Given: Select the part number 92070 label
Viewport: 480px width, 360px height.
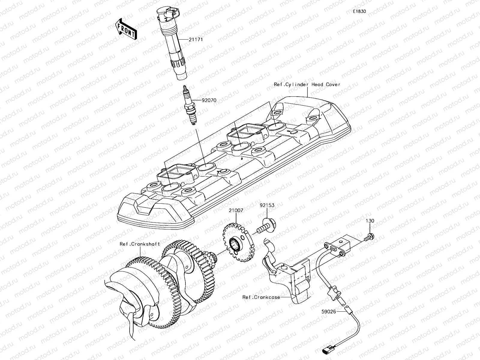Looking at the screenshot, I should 201,100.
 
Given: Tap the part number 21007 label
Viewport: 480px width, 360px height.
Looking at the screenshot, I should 236,211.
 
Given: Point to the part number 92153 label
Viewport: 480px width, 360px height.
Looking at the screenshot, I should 267,205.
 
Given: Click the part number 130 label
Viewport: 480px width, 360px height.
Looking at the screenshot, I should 370,221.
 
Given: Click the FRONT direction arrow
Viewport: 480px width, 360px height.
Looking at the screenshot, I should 126,29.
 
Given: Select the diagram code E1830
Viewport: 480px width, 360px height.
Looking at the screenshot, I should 359,11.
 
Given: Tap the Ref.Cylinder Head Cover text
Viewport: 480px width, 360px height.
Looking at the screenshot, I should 307,85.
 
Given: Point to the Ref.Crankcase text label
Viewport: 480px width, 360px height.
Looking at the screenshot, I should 261,297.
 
